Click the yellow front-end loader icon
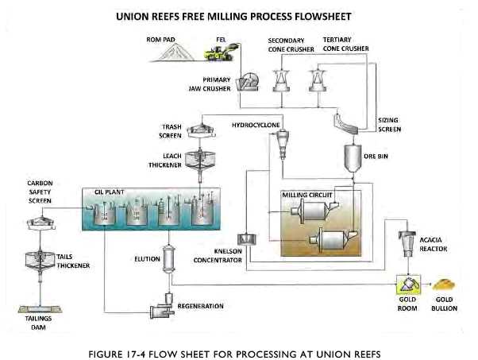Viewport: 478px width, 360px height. coord(220,52)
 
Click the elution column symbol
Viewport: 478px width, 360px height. coord(169,257)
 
